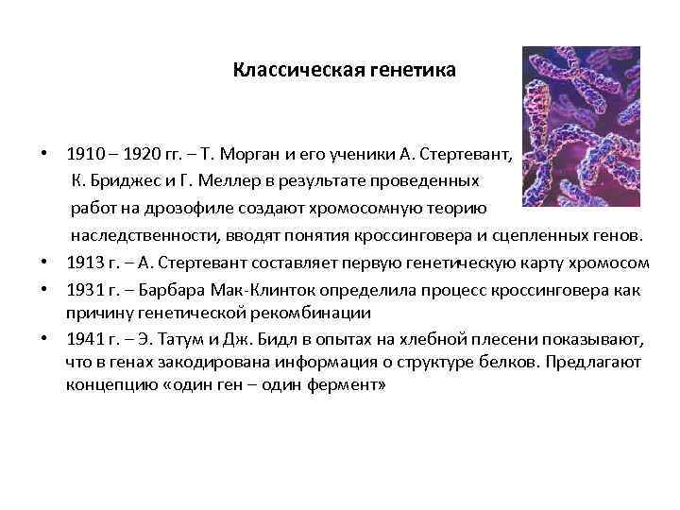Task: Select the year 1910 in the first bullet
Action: tap(82, 153)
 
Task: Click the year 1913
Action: tap(82, 262)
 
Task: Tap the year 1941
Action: tap(82, 339)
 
